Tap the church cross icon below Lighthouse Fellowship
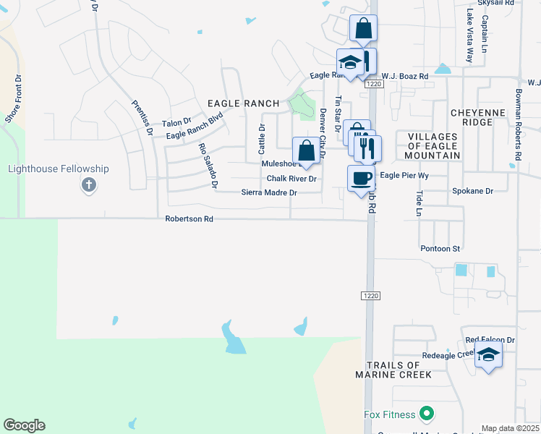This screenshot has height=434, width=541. [89, 185]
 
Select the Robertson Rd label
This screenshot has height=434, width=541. [189, 218]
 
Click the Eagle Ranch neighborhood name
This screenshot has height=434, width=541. [243, 104]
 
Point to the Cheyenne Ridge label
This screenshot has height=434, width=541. [482, 118]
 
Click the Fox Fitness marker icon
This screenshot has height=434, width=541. [427, 414]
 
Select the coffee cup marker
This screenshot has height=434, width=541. [361, 177]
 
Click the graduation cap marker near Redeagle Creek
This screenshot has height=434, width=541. [488, 355]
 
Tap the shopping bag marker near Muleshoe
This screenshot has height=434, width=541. [306, 150]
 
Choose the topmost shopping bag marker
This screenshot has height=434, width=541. [363, 29]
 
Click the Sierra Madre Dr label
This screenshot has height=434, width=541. [269, 193]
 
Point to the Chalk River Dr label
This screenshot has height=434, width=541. [291, 179]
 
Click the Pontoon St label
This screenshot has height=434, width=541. [440, 249]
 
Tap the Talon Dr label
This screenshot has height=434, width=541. [176, 123]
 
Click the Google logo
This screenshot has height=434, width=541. [24, 425]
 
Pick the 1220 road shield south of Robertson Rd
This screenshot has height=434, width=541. [370, 296]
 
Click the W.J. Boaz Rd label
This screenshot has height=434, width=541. [404, 76]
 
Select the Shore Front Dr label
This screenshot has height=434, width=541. [13, 98]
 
